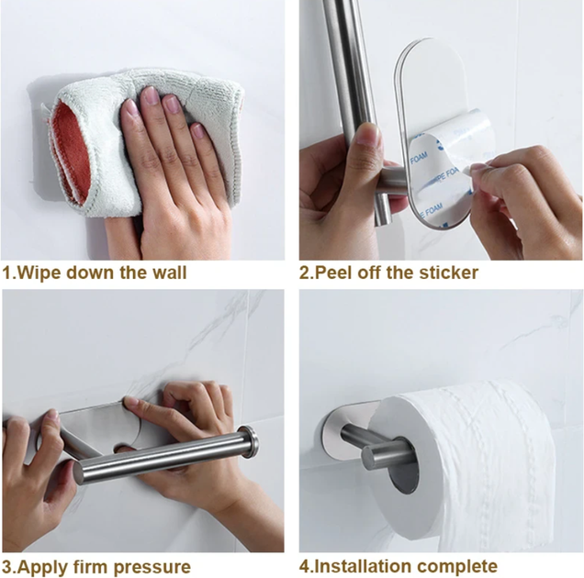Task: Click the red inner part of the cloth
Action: coord(71,152)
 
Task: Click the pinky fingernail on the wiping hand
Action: coord(197,131)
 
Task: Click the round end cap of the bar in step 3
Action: coord(250,442)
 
